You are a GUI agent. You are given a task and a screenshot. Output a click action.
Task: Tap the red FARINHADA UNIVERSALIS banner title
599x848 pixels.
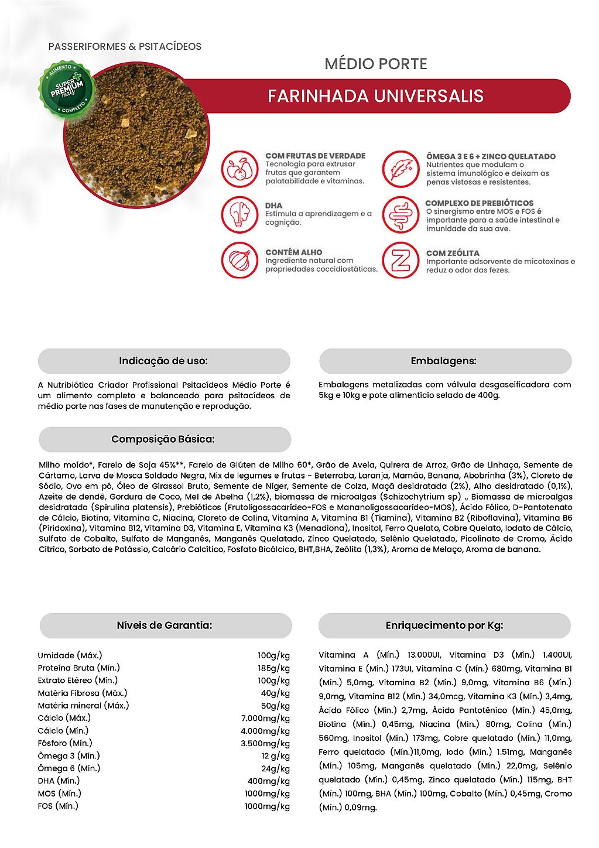375,96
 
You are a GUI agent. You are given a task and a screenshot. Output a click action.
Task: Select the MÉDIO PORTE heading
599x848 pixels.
376,64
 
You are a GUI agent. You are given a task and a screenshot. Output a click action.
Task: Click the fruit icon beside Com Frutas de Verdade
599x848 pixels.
239,169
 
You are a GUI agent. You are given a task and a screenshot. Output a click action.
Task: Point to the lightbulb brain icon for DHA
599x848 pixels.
239,214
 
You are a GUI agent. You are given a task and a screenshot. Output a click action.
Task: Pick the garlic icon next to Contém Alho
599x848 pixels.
239,260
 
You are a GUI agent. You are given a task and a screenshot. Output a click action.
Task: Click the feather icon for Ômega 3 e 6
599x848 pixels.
401,169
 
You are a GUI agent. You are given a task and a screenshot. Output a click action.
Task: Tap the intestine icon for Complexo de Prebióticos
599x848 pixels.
401,214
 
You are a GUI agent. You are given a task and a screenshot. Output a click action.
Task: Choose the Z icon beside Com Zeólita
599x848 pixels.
401,260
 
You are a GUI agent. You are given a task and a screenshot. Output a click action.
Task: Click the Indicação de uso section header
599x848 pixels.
163,361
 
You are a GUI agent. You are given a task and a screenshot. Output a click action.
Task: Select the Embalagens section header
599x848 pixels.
444,361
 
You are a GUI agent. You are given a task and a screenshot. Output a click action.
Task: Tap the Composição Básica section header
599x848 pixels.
163,439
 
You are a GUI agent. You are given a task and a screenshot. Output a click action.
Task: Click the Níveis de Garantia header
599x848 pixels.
165,625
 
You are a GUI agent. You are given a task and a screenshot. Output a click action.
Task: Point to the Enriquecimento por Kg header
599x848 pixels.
444,625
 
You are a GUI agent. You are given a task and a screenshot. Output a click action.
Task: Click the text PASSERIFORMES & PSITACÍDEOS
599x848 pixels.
125,46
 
